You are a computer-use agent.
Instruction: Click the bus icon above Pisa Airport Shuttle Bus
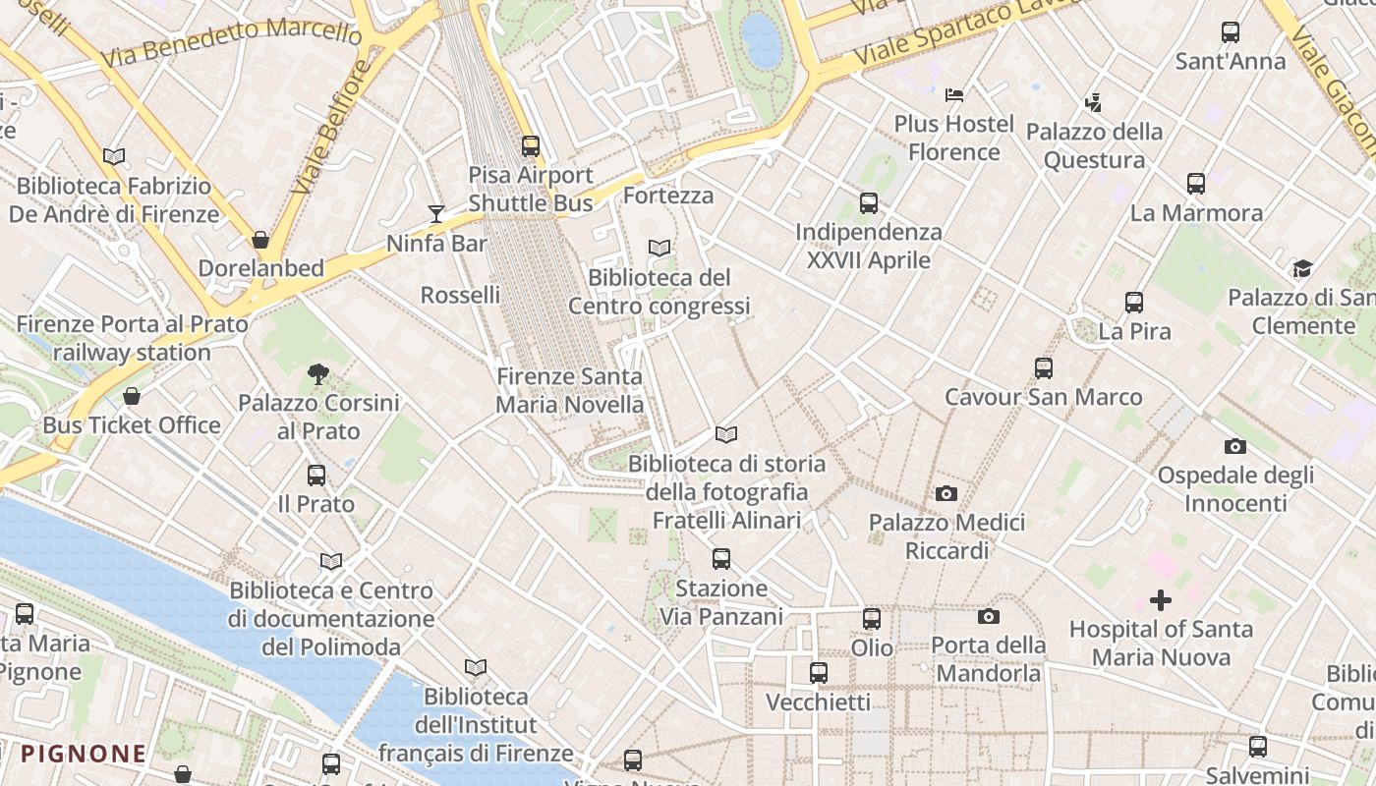coord(531,146)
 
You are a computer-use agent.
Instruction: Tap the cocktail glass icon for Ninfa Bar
coord(436,213)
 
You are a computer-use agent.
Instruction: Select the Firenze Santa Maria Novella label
coord(569,390)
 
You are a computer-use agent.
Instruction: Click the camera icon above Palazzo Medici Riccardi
coord(946,493)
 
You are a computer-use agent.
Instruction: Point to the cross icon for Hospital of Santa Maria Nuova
coord(1161,599)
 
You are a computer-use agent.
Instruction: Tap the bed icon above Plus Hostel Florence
coord(953,95)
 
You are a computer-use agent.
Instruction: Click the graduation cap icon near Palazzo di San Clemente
coord(1302,268)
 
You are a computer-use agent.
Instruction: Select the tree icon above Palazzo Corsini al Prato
coord(317,373)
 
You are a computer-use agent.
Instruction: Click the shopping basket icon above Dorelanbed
coord(260,240)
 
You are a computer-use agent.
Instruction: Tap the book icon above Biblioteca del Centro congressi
coord(659,249)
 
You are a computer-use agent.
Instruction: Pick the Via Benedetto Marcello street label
coord(231,43)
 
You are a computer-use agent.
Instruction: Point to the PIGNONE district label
coord(84,755)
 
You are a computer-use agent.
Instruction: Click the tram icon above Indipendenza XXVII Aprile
coord(869,203)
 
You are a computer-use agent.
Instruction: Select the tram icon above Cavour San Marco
coord(1044,368)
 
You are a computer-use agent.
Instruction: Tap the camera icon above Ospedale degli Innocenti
coord(1235,447)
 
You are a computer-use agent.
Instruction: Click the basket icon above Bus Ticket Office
coord(132,396)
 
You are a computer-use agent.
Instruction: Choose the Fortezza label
coord(668,196)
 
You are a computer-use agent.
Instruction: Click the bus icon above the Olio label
coord(872,619)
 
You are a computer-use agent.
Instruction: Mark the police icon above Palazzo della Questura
coord(1093,102)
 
